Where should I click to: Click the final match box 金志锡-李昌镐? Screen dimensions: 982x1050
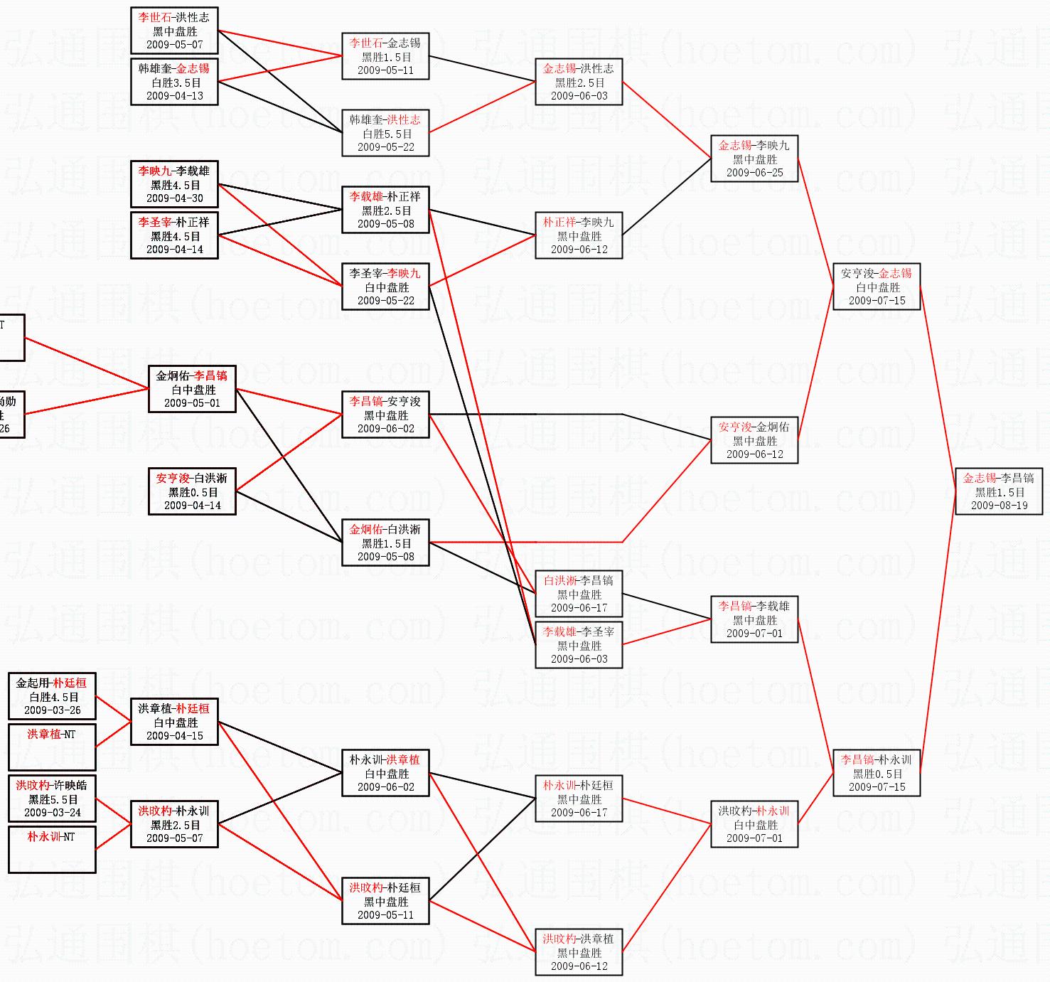pos(999,491)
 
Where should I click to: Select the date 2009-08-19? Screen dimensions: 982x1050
pos(999,506)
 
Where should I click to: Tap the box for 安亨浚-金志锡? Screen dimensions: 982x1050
pos(877,287)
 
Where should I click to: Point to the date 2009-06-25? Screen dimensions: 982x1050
pos(754,173)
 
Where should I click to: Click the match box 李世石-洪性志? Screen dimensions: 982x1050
pos(174,31)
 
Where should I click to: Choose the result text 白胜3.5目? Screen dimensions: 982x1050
pos(174,82)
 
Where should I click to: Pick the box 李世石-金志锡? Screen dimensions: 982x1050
pos(385,56)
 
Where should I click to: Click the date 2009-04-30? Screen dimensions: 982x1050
pos(174,198)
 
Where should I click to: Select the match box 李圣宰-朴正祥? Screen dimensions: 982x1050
pos(174,235)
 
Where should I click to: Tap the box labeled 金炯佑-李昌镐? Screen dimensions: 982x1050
pos(192,389)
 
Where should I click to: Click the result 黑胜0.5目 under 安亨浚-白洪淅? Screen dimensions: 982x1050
pos(192,492)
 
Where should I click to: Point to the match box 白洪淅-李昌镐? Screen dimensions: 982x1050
pos(579,594)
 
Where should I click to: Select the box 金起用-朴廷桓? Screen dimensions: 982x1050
pos(52,696)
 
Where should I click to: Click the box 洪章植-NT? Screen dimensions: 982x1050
pos(52,747)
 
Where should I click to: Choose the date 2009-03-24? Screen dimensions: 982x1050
pos(52,813)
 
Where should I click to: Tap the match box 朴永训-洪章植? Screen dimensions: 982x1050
pos(385,773)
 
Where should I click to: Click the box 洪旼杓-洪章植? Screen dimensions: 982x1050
pos(579,952)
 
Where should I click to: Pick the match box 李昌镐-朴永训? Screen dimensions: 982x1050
pos(877,773)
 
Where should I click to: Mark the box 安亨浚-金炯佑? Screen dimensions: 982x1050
pos(754,440)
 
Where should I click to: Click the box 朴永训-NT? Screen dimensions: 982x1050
pos(52,849)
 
